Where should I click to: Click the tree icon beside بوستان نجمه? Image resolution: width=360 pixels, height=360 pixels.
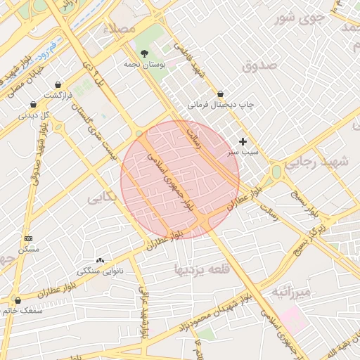pyautogui.click(x=145, y=53)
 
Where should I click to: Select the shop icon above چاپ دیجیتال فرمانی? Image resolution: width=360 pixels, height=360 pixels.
pyautogui.click(x=221, y=94)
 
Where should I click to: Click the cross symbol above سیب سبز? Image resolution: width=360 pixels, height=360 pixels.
pyautogui.click(x=243, y=141)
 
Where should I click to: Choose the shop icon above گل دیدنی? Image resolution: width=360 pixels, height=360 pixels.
pyautogui.click(x=34, y=104)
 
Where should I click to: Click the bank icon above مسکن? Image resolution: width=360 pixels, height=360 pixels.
pyautogui.click(x=28, y=239)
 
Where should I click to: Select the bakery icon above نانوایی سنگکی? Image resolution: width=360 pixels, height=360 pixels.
pyautogui.click(x=100, y=260)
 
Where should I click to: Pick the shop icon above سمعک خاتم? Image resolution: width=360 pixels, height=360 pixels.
pyautogui.click(x=18, y=300)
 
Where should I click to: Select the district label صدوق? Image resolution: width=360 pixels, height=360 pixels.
pyautogui.click(x=259, y=65)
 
